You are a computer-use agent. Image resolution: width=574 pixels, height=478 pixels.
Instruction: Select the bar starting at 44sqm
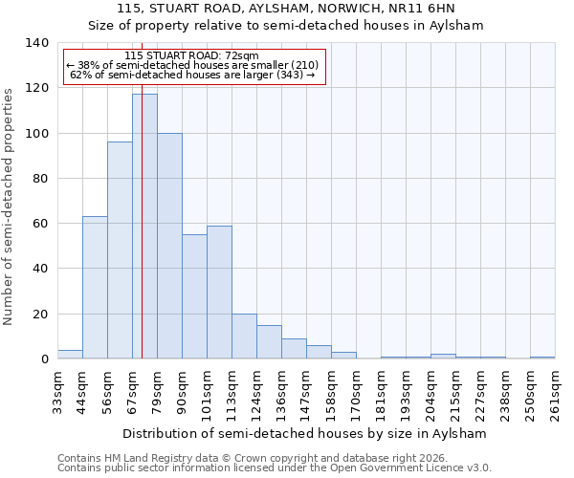[95, 288]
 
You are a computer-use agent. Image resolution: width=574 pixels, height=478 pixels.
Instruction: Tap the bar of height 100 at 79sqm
[169, 246]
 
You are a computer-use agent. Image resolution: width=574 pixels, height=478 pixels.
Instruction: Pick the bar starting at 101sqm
[219, 293]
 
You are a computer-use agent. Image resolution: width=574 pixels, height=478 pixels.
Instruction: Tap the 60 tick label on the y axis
[39, 224]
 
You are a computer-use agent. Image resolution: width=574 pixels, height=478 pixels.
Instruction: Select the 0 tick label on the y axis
[44, 359]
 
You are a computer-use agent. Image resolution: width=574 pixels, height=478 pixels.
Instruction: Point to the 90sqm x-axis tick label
[182, 393]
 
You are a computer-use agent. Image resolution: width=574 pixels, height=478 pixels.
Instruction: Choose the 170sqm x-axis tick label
[356, 393]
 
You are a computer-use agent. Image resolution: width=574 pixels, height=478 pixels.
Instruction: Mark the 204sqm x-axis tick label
[430, 393]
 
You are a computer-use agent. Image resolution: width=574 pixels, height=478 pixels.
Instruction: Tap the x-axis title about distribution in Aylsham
[305, 433]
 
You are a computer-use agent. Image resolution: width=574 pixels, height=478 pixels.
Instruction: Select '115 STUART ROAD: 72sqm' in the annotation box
[191, 56]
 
